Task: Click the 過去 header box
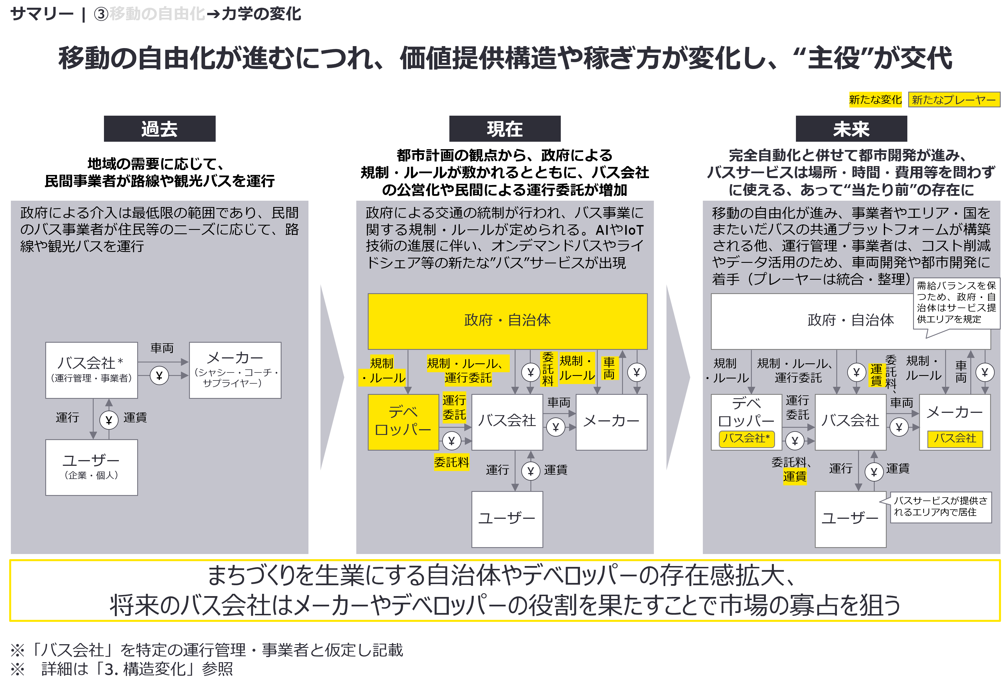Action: (x=160, y=129)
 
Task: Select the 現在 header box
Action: (x=505, y=129)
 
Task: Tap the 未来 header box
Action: (x=851, y=129)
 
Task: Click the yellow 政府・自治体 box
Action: (x=507, y=321)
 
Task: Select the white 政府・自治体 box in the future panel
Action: (x=822, y=321)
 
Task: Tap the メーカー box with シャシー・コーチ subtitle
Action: (x=235, y=370)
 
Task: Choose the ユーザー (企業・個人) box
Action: (x=91, y=467)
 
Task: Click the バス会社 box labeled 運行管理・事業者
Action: (x=91, y=370)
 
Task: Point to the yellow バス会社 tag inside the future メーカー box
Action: (x=955, y=438)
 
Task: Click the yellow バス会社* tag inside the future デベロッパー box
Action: (x=746, y=438)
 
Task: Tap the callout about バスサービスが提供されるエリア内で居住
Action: (x=940, y=507)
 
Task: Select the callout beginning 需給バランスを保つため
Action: (x=956, y=303)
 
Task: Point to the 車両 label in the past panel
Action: (x=162, y=348)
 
